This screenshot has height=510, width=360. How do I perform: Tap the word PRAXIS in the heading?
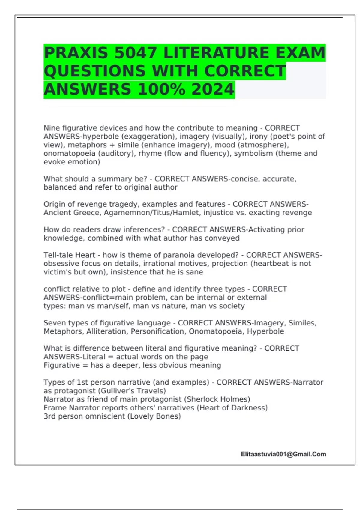[x=76, y=53]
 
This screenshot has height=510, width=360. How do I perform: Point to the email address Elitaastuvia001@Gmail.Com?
[x=283, y=454]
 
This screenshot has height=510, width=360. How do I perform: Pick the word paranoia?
[x=167, y=255]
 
